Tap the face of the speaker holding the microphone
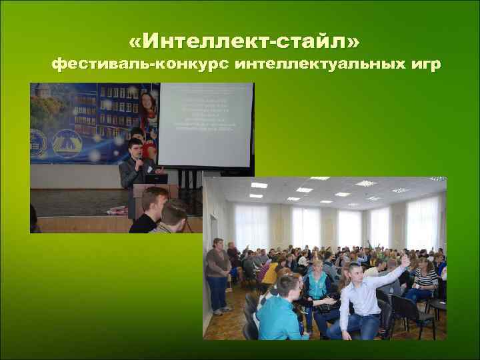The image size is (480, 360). click(x=136, y=150)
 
